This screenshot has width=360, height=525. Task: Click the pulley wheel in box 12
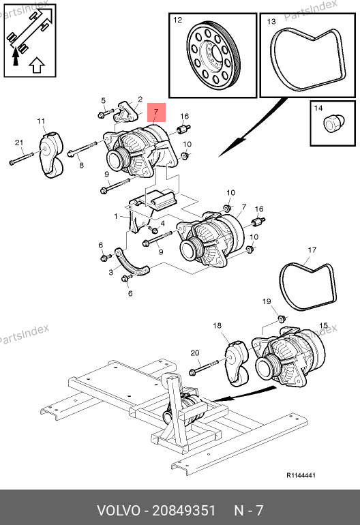coord(213,56)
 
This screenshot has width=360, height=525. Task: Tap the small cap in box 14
coord(333,123)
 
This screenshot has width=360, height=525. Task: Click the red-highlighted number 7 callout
coord(155,112)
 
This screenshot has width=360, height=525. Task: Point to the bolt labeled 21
coord(21,158)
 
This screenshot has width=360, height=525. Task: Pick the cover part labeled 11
coord(51,155)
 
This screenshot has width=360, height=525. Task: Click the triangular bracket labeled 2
coord(126,112)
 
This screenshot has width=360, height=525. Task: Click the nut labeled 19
coord(282,318)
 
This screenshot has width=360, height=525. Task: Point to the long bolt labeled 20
coord(204,367)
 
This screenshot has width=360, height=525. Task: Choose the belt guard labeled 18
coord(237,363)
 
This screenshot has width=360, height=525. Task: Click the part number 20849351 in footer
coord(184,511)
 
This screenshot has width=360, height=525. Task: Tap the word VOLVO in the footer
coord(118,511)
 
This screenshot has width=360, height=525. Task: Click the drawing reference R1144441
coord(301,475)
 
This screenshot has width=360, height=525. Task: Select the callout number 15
coord(323,326)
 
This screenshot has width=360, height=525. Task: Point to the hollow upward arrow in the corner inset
coord(37,65)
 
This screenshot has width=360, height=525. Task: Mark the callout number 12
coord(177,20)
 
